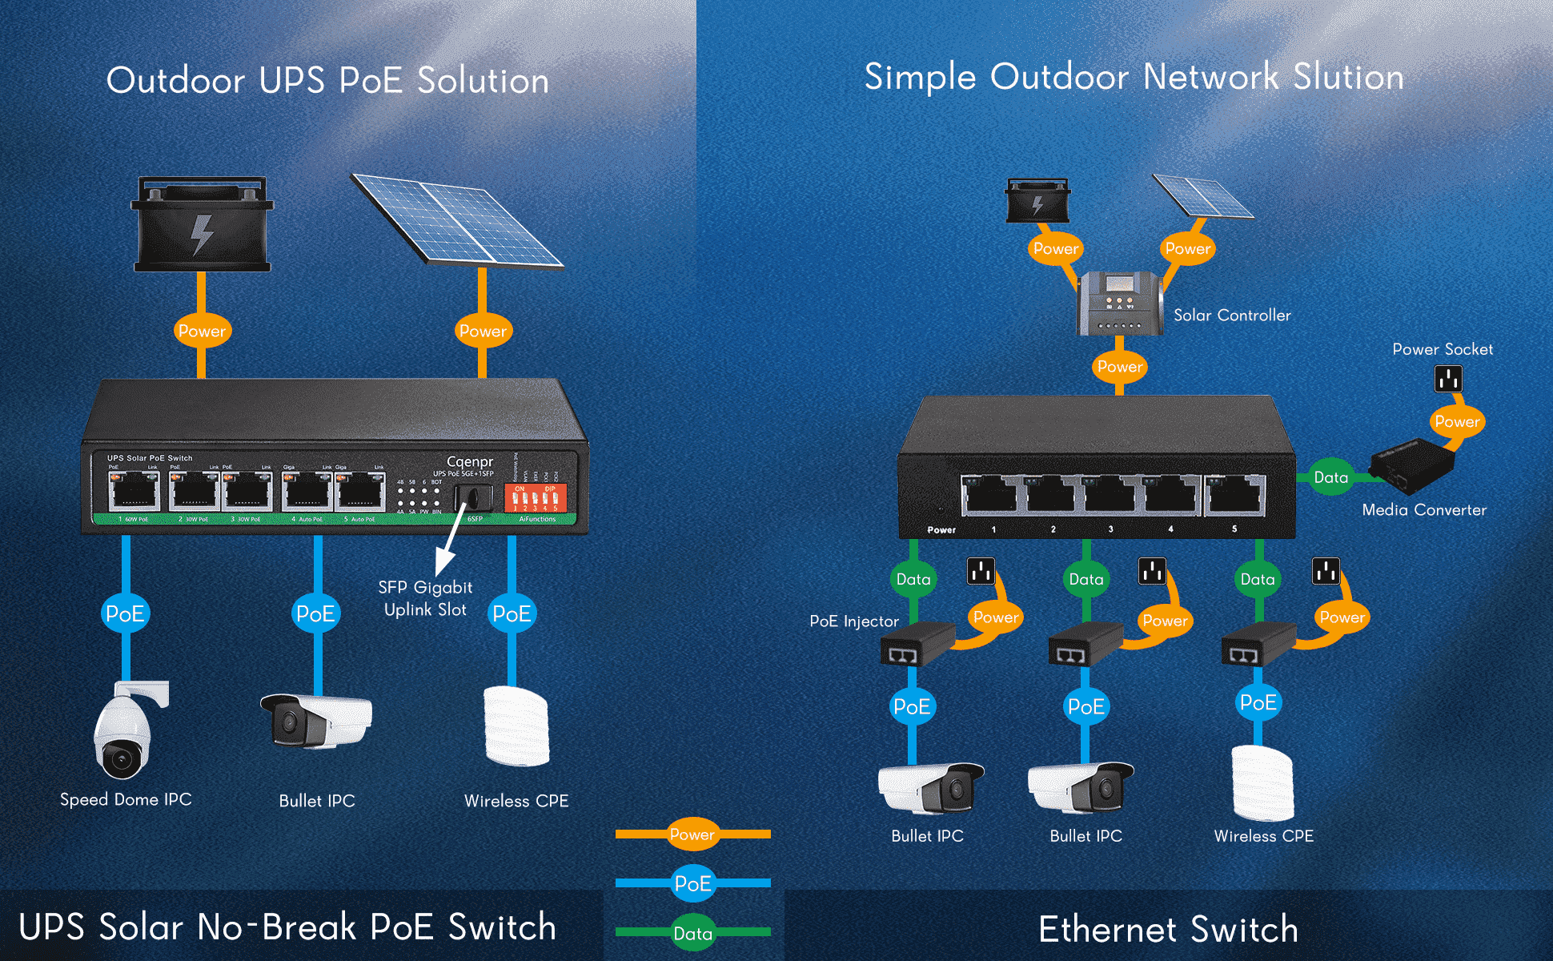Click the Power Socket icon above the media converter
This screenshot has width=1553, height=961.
click(1448, 378)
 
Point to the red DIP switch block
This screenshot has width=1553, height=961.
click(536, 498)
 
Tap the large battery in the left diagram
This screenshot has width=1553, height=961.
click(202, 226)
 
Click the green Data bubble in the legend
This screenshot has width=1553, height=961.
click(692, 933)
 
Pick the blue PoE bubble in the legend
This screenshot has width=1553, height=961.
click(692, 883)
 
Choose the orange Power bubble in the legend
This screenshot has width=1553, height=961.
click(692, 834)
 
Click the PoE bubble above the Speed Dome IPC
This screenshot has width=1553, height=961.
click(126, 613)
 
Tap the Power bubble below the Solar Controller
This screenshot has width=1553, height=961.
click(1119, 367)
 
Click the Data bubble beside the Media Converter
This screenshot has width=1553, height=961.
click(1330, 477)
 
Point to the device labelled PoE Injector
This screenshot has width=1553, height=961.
click(917, 644)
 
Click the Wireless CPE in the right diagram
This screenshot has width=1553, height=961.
click(1262, 782)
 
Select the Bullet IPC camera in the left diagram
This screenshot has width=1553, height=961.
click(317, 720)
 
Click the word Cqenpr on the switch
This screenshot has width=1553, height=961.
click(470, 461)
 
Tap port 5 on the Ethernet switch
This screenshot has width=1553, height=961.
click(1234, 494)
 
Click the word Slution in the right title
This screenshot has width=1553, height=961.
click(1349, 77)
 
